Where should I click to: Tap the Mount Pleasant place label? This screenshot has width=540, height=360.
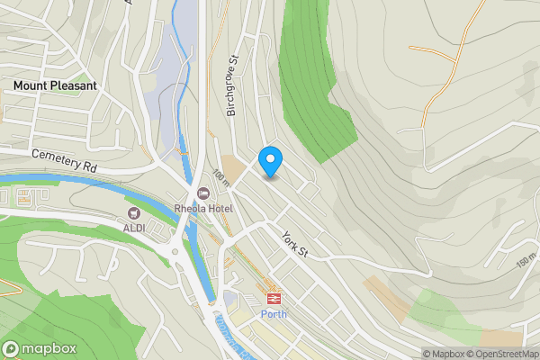click(55, 85)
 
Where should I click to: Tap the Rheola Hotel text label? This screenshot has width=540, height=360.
click(204, 209)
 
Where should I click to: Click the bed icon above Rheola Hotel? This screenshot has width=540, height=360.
click(203, 193)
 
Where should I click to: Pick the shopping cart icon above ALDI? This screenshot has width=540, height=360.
click(135, 214)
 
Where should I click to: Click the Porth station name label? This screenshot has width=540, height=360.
click(273, 314)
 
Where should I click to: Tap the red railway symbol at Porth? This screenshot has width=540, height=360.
click(272, 298)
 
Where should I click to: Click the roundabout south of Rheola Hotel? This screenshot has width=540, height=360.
click(175, 252)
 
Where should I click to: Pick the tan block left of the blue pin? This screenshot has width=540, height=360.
click(236, 168)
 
